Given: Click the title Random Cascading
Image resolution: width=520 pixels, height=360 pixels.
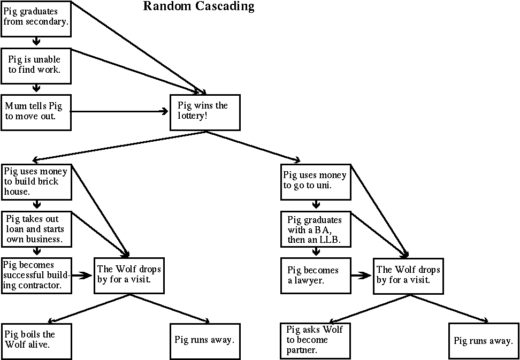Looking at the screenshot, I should [x=198, y=7].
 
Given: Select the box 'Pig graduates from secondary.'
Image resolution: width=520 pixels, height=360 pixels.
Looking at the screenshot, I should [x=36, y=19].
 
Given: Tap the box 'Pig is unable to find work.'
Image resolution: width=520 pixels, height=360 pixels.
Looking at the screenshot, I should [x=36, y=66].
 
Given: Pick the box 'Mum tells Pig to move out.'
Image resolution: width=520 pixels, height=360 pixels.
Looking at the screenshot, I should [x=36, y=112].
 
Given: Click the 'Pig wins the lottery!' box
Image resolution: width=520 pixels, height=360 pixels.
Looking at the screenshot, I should [x=205, y=112].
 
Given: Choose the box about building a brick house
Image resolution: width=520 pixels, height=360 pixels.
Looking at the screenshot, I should [x=36, y=181].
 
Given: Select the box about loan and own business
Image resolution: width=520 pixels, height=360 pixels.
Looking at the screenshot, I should [x=36, y=229].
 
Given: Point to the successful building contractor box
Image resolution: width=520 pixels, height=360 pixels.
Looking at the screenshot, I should [x=36, y=275].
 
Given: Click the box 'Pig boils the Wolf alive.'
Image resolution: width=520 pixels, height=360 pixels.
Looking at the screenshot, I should [x=36, y=341].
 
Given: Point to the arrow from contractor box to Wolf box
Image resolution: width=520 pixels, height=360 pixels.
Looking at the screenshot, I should [x=82, y=276].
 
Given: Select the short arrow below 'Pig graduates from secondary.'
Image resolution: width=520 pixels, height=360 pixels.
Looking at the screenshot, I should [x=36, y=42].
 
